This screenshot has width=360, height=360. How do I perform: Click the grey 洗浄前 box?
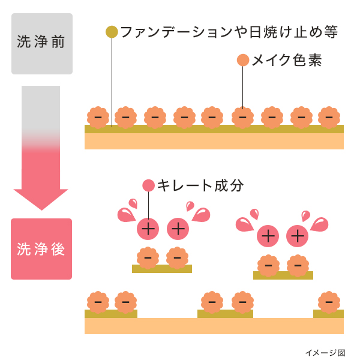pos(42,44)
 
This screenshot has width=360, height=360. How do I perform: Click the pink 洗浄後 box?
pos(41,249)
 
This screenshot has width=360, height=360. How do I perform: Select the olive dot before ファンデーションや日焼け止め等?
pos(112,32)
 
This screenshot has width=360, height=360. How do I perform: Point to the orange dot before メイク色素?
pos(243,60)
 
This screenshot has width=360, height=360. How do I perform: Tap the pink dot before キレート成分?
pos(148,185)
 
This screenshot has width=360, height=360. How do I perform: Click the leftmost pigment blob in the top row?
pos(98,117)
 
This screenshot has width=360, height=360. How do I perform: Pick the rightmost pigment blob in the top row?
pos(329,117)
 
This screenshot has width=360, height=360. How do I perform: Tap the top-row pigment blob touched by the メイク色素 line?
pos(242,117)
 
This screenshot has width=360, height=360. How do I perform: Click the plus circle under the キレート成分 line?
pos(148,229)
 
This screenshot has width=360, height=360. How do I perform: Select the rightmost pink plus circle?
pos(298,236)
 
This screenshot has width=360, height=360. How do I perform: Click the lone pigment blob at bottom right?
pos(329,302)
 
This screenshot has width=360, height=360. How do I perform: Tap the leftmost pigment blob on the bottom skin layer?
pos(98,302)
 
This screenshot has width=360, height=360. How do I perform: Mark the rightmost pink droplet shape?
pos(319,224)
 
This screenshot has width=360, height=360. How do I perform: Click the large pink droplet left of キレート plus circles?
pos(126,214)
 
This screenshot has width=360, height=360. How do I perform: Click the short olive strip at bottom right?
pos(328,314)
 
